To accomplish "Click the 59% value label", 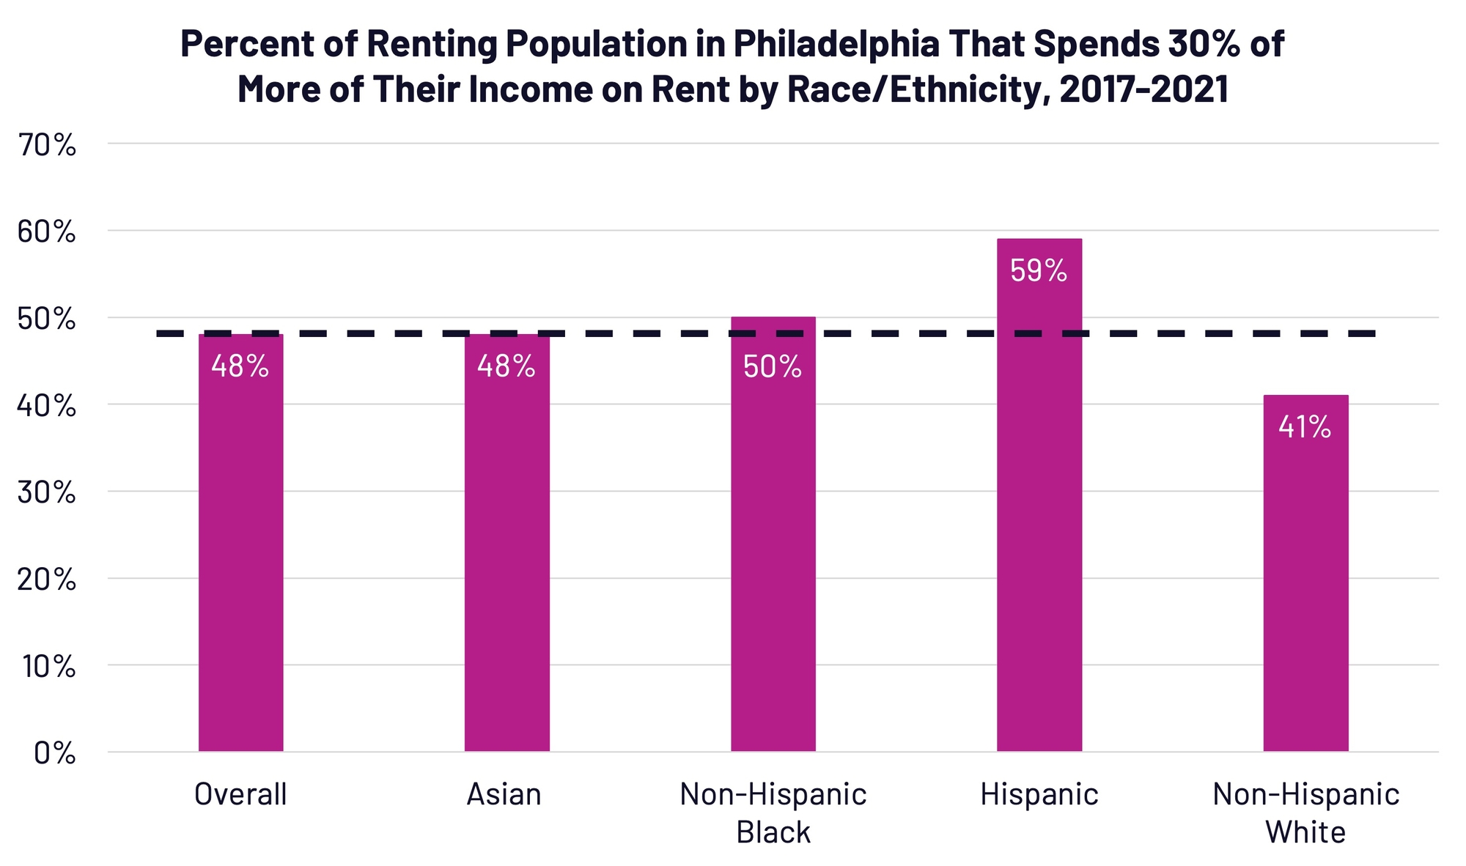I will click(1038, 271).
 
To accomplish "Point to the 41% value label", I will click(1305, 427).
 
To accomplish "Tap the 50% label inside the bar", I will click(773, 366).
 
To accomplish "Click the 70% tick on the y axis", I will click(46, 146).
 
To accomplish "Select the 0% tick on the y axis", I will click(54, 753).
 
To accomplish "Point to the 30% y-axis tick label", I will click(46, 493).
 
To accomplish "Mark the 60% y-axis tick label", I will click(46, 232).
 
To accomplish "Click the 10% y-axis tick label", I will click(46, 667).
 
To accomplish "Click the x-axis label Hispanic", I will click(1039, 794).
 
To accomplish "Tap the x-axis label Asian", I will click(504, 794).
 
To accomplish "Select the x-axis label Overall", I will click(240, 794).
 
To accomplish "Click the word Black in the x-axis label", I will click(773, 832).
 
